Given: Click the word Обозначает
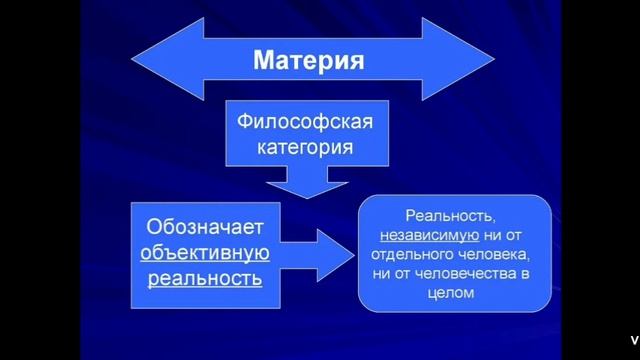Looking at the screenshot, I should [204, 227].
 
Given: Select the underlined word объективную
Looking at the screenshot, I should [204, 252].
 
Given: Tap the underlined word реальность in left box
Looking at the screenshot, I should [204, 277].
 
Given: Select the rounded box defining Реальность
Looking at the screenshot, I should [454, 252].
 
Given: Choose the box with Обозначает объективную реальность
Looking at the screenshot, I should [204, 252].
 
